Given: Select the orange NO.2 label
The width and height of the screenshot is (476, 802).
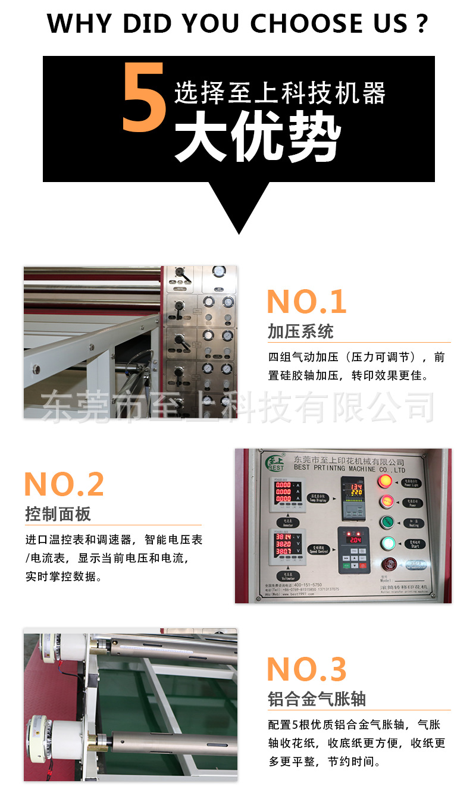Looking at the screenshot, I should [64, 484].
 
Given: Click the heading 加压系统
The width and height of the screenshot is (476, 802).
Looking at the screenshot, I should [300, 331].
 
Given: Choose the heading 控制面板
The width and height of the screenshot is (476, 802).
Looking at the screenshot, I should [58, 514].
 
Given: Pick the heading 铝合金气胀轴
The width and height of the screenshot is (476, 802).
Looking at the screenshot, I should [317, 699].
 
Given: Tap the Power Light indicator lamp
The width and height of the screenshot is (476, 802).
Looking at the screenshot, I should [386, 481].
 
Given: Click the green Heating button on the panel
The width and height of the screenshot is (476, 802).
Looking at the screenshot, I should [386, 522].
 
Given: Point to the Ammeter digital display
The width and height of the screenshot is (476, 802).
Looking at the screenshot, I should [283, 493].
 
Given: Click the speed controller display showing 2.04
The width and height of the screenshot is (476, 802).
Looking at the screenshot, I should [354, 539].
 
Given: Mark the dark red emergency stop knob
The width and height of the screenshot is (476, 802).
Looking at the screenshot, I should [387, 565].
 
